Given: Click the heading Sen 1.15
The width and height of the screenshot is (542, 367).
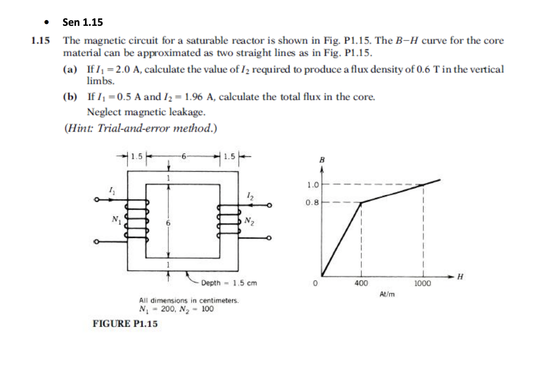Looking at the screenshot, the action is coord(83,22).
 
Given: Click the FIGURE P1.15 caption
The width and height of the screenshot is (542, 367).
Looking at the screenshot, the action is coord(125,324).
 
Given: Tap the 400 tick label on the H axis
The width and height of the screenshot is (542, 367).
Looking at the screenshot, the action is coord(361,283).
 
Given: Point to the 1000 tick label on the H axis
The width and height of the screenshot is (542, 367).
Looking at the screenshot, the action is coord(423,283).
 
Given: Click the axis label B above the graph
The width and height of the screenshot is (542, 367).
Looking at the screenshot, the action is coord(322,160).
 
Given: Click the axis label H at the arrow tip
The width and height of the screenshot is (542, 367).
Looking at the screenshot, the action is coord(460,277).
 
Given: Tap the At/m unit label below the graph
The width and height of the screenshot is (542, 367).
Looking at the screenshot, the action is coord(387,294).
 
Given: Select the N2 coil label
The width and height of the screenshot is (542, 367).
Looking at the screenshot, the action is coord(249,221).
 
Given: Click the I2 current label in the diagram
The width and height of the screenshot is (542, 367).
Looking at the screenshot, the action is coord(250,196).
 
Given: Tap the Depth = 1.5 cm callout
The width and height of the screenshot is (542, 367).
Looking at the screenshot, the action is coord(229,283).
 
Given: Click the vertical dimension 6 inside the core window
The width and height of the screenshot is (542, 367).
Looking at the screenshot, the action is coord(168,223).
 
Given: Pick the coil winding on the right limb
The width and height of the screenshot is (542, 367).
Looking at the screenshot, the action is coord(229,221).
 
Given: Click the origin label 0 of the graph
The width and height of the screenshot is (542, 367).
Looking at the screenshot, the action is coord(314,283).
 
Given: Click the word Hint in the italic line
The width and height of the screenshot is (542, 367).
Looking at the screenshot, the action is coord(80,128).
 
